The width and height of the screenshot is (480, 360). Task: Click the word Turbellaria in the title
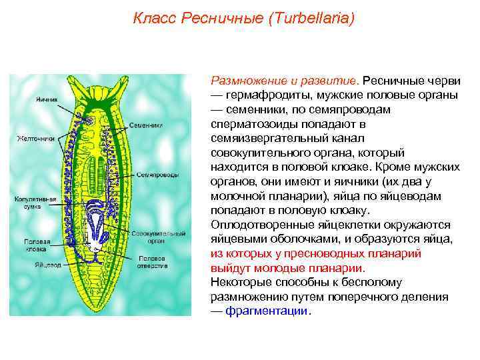311,18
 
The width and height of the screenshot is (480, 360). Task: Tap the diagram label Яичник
46,99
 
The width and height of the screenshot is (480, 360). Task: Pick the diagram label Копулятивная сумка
31,202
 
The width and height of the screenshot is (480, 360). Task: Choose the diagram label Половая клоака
35,245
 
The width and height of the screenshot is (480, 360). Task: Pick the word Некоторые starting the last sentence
239,282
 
